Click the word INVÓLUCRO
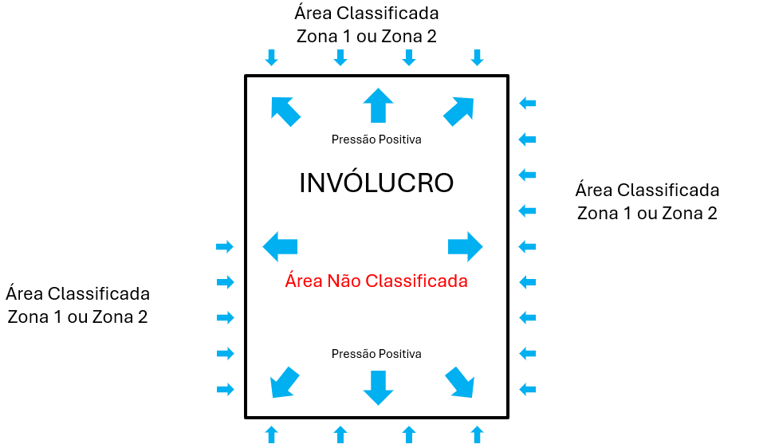[x=376, y=183]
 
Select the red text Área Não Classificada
[x=376, y=281]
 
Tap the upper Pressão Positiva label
[x=376, y=140]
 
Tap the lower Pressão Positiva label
[x=376, y=354]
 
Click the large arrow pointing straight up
[x=378, y=105]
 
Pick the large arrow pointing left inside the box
[x=280, y=246]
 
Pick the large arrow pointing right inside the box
[x=465, y=246]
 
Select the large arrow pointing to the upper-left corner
[x=285, y=111]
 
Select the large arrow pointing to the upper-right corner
[x=458, y=111]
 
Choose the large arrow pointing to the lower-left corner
[x=285, y=382]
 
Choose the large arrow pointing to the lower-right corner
[x=459, y=382]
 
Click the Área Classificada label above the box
[x=367, y=25]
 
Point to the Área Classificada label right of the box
[x=647, y=202]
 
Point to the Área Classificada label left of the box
[x=77, y=305]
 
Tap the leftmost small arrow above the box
[x=272, y=57]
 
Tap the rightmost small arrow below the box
[x=478, y=434]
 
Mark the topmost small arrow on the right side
[x=528, y=103]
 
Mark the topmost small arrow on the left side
[x=225, y=246]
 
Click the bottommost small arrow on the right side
[x=528, y=389]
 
